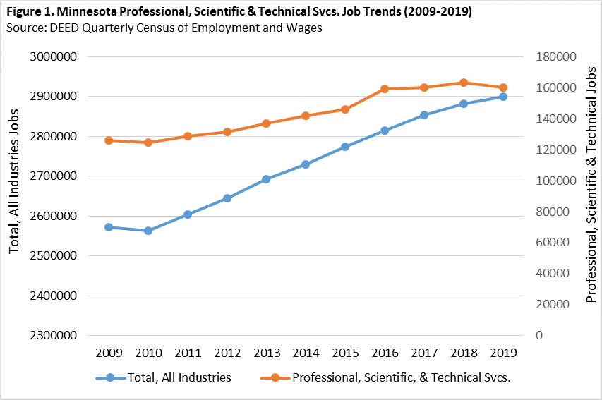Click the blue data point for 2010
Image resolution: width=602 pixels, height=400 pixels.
click(x=148, y=231)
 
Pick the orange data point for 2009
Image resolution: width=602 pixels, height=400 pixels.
click(x=109, y=140)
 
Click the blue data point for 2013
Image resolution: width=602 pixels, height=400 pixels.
click(x=266, y=179)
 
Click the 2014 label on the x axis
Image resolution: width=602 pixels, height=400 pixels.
click(x=306, y=352)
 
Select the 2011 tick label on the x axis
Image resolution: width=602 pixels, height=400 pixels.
click(x=187, y=352)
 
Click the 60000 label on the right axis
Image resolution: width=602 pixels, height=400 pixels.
click(x=555, y=242)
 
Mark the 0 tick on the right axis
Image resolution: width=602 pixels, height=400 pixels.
click(x=539, y=335)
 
